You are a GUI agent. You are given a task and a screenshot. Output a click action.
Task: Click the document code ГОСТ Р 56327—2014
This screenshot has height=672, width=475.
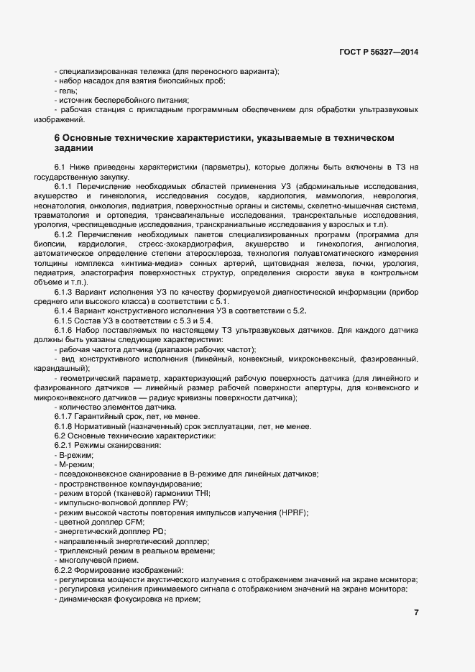pos(378,52)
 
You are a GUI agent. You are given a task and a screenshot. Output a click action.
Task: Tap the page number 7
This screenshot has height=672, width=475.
pos(416,612)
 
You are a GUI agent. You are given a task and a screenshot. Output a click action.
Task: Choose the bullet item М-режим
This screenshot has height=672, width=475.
pos(76,464)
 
